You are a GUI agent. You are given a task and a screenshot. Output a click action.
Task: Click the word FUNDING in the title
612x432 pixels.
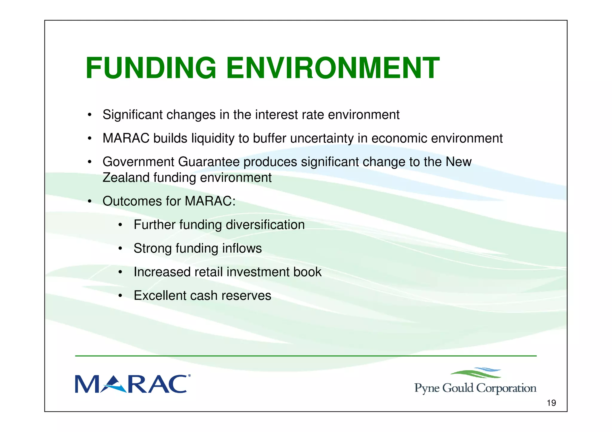click(x=151, y=68)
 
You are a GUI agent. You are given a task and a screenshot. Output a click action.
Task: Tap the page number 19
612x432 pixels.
click(x=551, y=403)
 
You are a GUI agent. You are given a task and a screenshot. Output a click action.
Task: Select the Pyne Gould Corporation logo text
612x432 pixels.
click(x=475, y=388)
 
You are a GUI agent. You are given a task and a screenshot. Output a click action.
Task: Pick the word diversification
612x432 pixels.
click(x=265, y=225)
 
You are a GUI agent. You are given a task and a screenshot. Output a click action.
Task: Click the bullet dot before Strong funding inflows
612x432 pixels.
click(x=120, y=249)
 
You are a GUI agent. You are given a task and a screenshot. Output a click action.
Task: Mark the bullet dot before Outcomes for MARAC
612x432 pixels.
click(x=89, y=202)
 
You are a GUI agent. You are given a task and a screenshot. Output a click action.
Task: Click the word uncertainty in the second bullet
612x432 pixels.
click(x=321, y=139)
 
